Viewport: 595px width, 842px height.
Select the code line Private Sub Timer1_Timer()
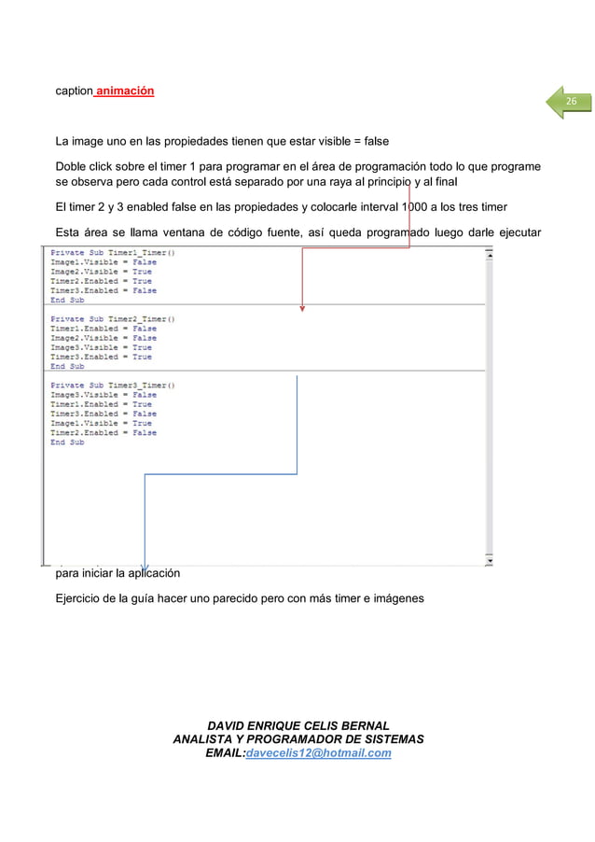click(x=111, y=253)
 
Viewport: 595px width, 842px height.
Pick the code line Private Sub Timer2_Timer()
click(x=111, y=319)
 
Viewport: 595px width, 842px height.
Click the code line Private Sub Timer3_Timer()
click(x=111, y=385)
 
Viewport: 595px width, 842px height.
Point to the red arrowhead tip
click(x=301, y=311)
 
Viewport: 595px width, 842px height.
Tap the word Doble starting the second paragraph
click(x=71, y=165)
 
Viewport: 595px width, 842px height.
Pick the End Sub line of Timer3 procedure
click(x=67, y=442)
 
